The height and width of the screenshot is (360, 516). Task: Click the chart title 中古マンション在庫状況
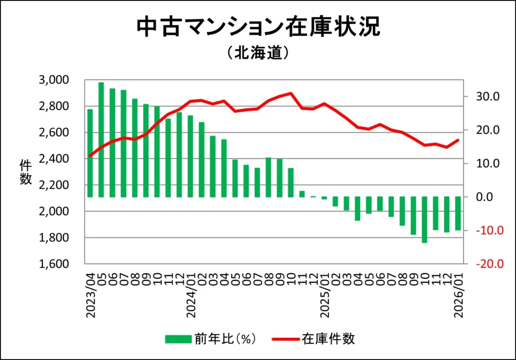[x=258, y=28]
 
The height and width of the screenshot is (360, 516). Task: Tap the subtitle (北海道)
[x=257, y=52]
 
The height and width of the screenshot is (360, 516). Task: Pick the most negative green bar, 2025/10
[x=425, y=220]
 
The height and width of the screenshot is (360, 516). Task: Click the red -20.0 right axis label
[x=486, y=264]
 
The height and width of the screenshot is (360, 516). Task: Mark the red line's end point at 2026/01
[x=458, y=140]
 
